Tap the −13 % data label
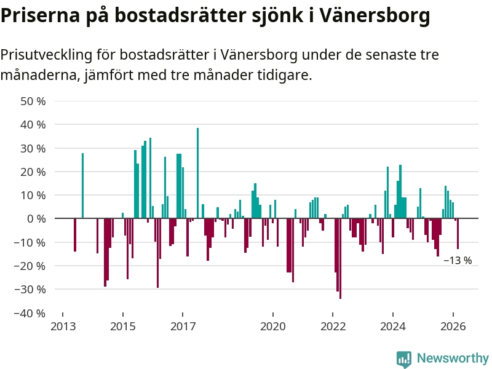(458, 261)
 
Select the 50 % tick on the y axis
(33, 101)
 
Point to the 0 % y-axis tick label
(36, 219)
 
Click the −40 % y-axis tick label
(30, 313)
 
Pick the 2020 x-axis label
(272, 326)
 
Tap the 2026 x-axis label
(453, 326)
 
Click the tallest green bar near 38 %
(197, 173)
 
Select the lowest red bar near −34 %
(340, 258)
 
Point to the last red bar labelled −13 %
(458, 234)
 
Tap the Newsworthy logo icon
(404, 359)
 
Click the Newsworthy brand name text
(453, 358)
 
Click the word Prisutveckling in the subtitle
(46, 55)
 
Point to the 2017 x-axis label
(183, 326)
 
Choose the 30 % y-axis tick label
(33, 148)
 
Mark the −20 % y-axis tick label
(30, 266)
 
